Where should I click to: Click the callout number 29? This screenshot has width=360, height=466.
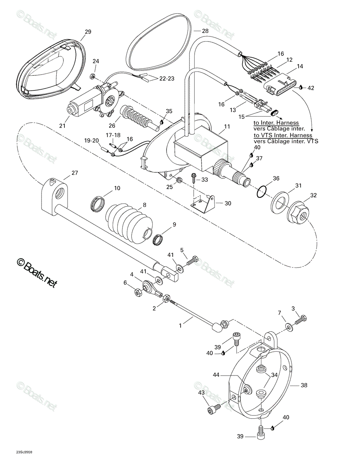88,32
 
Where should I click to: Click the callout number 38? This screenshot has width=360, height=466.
304,385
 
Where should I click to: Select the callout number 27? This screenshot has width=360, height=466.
75,173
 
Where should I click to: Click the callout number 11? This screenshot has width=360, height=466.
227,127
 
